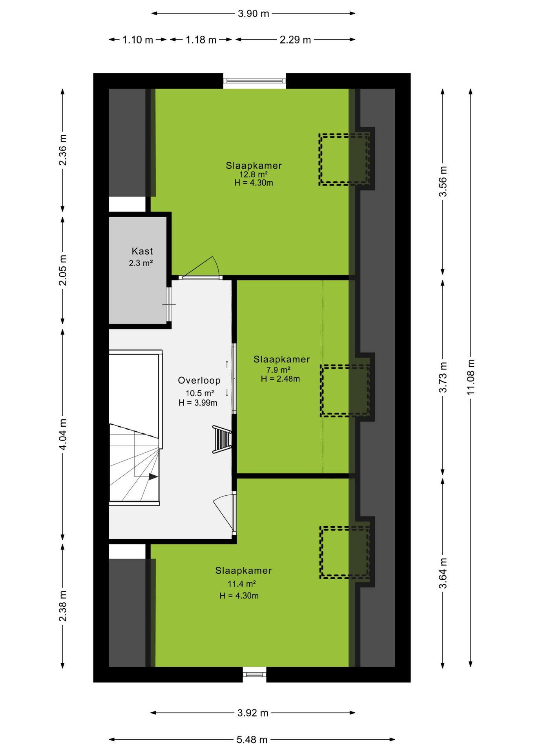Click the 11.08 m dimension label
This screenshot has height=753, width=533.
[x=471, y=377]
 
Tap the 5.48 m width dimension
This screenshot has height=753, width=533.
[x=252, y=740]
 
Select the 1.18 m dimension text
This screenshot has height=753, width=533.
[x=201, y=40]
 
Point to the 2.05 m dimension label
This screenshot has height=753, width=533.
[x=63, y=270]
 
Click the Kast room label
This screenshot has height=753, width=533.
[x=142, y=251]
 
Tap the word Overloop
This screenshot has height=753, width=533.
[x=199, y=380]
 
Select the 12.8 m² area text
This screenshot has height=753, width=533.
[x=254, y=175]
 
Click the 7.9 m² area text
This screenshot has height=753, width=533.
[x=278, y=370]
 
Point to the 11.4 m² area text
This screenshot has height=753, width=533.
[x=242, y=584]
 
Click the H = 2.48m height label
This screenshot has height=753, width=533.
[x=280, y=379]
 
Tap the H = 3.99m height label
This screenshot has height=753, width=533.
[x=198, y=403]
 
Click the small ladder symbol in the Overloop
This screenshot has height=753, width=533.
[x=222, y=439]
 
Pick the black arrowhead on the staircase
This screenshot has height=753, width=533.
[x=153, y=477]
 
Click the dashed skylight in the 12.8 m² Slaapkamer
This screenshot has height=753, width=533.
[x=344, y=159]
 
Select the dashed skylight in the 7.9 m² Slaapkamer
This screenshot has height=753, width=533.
[x=345, y=391]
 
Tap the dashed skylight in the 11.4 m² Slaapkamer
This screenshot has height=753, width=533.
[x=345, y=553]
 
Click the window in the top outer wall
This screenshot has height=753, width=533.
[x=255, y=81]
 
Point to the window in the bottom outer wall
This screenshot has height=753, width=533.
[x=255, y=675]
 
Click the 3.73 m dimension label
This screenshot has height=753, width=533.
[x=443, y=377]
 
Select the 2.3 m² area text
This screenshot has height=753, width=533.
[x=141, y=263]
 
